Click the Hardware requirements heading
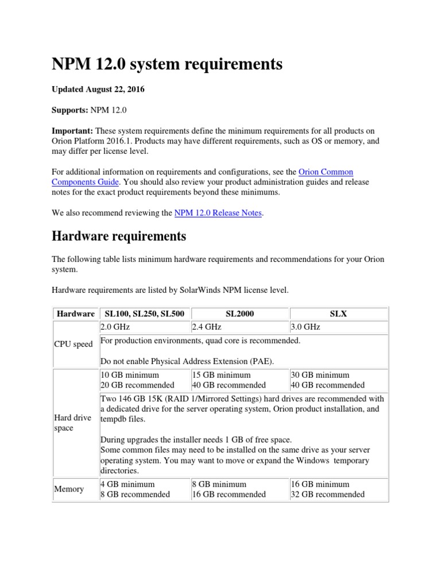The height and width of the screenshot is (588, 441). click(119, 236)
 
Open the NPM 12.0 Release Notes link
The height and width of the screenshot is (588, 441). click(218, 213)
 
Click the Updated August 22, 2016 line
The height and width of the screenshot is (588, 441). click(98, 90)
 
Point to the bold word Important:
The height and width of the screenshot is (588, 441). click(72, 130)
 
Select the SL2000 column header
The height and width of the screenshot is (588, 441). click(240, 314)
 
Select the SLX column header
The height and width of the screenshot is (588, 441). click(339, 314)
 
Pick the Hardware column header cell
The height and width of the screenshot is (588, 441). click(75, 314)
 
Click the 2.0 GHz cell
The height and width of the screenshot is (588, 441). click(115, 327)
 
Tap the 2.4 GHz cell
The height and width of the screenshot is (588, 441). click(207, 327)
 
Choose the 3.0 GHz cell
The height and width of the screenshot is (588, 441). click(305, 327)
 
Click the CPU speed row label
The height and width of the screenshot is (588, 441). click(73, 345)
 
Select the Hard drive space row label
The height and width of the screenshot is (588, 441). click(72, 423)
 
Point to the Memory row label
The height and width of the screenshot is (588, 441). click(69, 489)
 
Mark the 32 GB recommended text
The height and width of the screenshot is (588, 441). click(327, 494)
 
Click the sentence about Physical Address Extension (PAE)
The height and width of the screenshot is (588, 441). click(187, 361)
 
